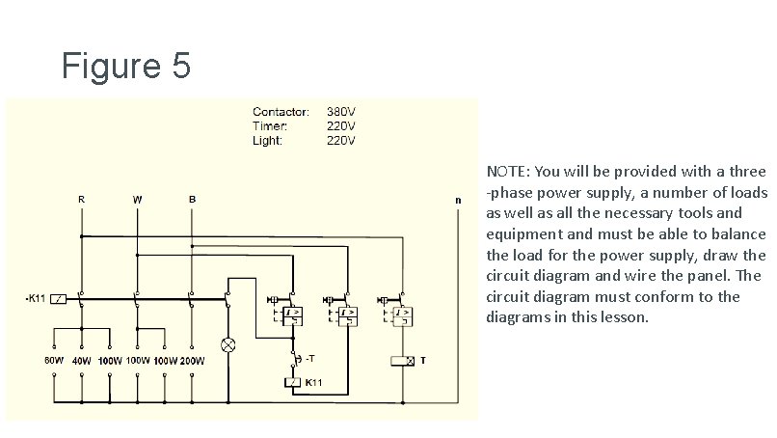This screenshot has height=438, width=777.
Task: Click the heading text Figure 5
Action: [x=126, y=67]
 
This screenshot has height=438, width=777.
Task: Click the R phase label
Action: [x=81, y=199]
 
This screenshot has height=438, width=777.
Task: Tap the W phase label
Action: [x=137, y=199]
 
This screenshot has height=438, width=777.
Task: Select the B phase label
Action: [x=192, y=199]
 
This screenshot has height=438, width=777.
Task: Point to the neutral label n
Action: [x=458, y=201]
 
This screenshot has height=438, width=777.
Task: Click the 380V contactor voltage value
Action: [x=341, y=111]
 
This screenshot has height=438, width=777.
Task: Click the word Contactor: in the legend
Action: [x=281, y=111]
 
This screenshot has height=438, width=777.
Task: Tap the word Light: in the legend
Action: [x=267, y=140]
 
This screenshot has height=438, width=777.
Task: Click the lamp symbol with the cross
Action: [x=229, y=344]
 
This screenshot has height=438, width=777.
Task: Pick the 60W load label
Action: [x=54, y=361]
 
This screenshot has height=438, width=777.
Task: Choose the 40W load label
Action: [x=82, y=361]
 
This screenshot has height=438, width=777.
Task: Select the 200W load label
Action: [x=192, y=361]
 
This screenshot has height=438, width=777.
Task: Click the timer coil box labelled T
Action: [x=400, y=361]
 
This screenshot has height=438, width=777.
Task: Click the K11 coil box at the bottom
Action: [x=293, y=383]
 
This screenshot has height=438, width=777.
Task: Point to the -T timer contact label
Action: [x=308, y=359]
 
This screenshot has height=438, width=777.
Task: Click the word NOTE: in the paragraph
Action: [x=507, y=172]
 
